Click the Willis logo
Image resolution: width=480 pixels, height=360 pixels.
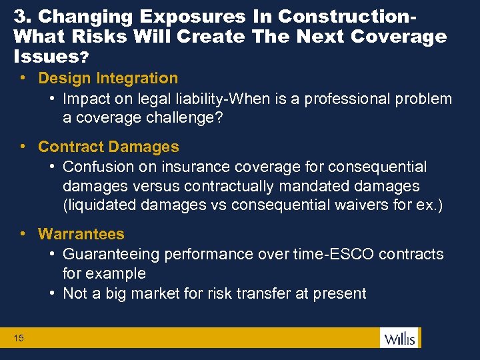[x=399, y=338]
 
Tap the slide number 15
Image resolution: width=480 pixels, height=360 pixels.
[x=19, y=339]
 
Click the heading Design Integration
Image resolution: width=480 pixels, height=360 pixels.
[x=108, y=79]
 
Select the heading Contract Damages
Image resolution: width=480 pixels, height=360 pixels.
[x=109, y=147]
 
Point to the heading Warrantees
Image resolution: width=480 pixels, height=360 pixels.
[x=81, y=234]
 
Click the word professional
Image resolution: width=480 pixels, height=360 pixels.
[x=353, y=99]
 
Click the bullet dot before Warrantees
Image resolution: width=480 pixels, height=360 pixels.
[x=23, y=234]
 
